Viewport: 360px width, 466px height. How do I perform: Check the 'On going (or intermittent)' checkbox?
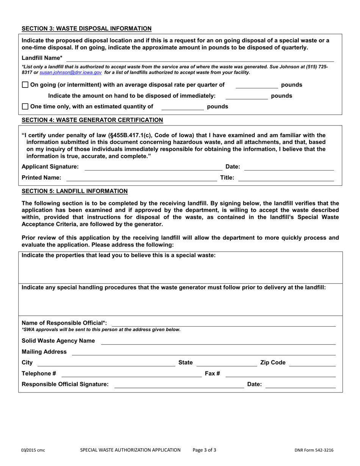point(25,85)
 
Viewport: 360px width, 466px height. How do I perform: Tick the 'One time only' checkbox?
point(25,107)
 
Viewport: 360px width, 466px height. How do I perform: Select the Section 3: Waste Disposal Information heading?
point(86,28)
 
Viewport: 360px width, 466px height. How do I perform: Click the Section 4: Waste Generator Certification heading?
point(92,120)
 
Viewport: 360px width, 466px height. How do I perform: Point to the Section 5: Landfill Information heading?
point(75,191)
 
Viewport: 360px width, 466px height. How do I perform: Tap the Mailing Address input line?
point(203,352)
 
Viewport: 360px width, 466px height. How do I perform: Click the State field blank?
point(226,363)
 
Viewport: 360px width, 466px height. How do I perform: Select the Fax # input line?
point(280,374)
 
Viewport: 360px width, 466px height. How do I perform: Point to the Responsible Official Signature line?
point(179,385)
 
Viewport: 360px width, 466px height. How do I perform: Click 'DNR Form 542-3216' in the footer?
point(314,450)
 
